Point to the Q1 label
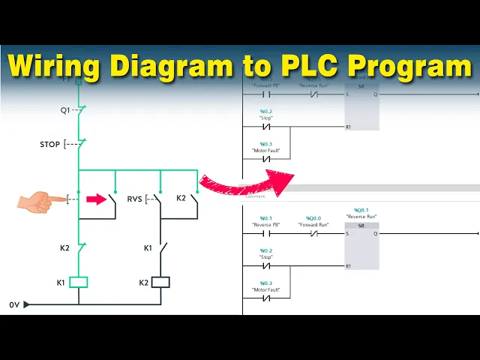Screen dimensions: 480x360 tap(65, 109)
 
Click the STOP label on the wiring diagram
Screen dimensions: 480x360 tap(50, 143)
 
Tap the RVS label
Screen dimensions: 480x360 tap(134, 199)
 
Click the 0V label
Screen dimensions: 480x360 tap(13, 304)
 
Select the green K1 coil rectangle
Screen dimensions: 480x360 tap(79, 282)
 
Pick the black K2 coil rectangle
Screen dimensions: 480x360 tap(160, 282)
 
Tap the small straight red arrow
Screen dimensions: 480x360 tap(97, 199)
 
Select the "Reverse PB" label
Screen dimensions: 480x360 tap(266, 224)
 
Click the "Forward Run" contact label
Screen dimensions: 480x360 tap(313, 224)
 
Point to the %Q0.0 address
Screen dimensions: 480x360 tap(313, 218)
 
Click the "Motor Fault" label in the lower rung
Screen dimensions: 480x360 tap(266, 289)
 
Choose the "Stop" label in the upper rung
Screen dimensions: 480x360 tap(266, 118)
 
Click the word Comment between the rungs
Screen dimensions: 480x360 tap(255, 196)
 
